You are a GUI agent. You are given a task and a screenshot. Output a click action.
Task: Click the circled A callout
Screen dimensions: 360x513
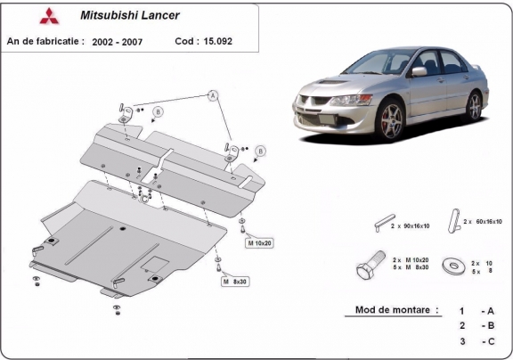(x=214, y=94)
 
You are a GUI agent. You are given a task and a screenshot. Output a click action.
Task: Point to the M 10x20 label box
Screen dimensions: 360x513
(x=259, y=242)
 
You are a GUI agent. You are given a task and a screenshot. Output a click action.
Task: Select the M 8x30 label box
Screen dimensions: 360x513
(x=235, y=281)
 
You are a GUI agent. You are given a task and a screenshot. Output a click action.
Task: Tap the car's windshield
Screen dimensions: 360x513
(x=378, y=66)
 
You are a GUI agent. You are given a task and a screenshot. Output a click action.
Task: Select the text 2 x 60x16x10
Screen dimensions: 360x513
(x=484, y=221)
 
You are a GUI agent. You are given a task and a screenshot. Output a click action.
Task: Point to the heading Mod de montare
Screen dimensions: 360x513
(x=391, y=310)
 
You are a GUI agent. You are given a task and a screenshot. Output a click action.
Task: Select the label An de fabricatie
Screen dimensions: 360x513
(x=45, y=42)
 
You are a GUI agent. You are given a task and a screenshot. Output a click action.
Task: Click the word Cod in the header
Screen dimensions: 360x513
(x=186, y=42)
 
